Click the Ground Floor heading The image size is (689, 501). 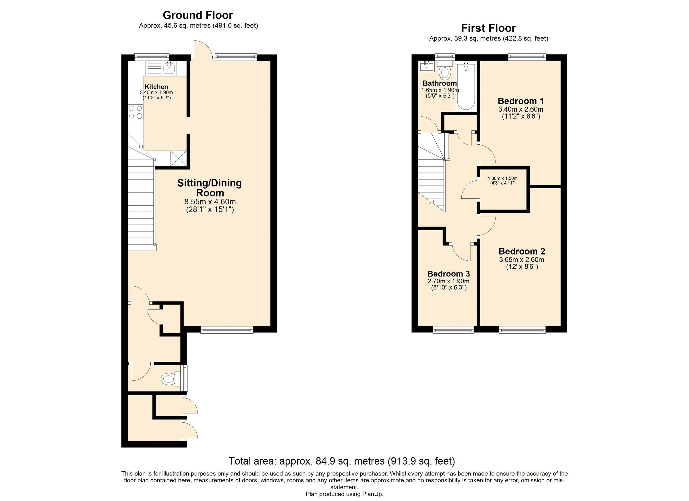[198, 15]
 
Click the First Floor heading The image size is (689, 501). [488, 28]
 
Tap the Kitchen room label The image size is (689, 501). [156, 87]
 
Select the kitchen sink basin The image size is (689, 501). [169, 68]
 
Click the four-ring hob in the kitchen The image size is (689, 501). [136, 112]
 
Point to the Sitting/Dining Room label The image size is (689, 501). [210, 188]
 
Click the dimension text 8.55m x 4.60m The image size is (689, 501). [210, 202]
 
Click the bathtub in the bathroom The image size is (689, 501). [466, 87]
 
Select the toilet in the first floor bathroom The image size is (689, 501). [445, 72]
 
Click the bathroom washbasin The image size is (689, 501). [427, 66]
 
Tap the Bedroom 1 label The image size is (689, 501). [521, 101]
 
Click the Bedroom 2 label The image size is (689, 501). [522, 251]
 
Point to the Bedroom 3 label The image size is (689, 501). [448, 273]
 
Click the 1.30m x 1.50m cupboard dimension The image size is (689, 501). [502, 178]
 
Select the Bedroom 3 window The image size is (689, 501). [453, 330]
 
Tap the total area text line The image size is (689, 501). [342, 461]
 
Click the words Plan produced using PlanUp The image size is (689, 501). [344, 494]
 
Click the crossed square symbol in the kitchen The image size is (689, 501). [178, 158]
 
